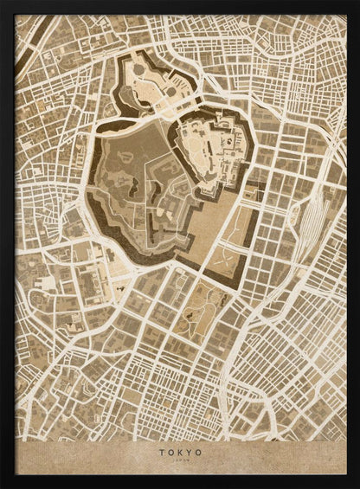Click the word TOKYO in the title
click(180, 451)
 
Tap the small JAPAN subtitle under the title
click(180, 461)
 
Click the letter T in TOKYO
click(161, 451)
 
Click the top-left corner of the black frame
click(3, 3)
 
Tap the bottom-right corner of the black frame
click(356, 485)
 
